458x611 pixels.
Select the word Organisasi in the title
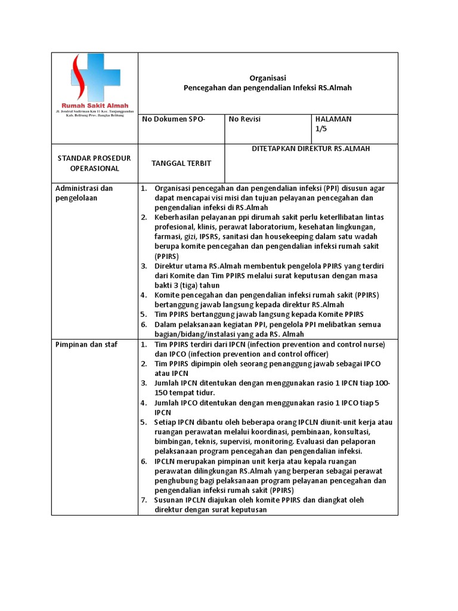tap(267, 78)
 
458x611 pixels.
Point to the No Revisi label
tap(245, 119)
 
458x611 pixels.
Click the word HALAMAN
tap(333, 119)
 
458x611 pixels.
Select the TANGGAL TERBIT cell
tap(181, 163)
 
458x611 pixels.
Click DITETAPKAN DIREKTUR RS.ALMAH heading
tap(311, 149)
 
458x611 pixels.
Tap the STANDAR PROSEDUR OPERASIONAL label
tap(88, 163)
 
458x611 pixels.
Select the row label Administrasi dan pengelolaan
tap(84, 193)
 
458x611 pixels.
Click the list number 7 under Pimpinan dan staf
tap(144, 499)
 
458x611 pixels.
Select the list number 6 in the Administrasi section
tap(144, 324)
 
